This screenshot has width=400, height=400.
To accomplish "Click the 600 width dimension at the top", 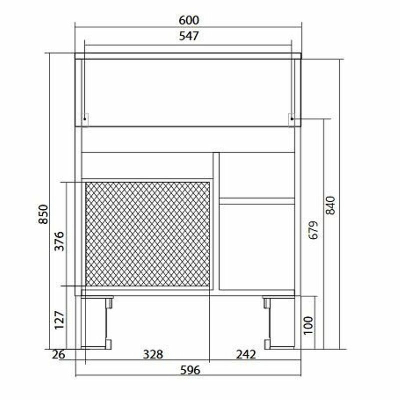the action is [x=189, y=20].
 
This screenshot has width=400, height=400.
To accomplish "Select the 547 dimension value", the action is [x=189, y=36].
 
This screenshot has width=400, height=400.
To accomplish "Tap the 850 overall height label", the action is [x=43, y=214].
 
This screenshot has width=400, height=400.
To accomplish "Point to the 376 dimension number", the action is [x=59, y=241].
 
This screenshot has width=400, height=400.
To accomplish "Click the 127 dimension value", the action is [x=59, y=320].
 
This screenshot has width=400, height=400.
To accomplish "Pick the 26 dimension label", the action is [x=58, y=354].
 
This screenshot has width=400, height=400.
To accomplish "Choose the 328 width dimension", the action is [x=153, y=354].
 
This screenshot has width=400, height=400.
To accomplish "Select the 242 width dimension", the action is [x=245, y=354].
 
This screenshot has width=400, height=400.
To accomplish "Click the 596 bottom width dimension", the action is [x=190, y=370].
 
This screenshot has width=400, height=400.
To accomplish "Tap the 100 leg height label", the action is [x=308, y=325].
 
